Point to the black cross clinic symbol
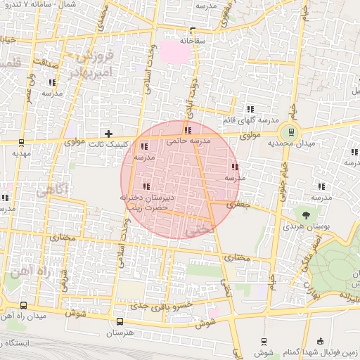108,133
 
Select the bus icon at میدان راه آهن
25,306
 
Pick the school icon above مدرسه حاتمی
187,130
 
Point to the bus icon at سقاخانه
192,31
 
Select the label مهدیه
21,153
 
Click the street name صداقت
44,62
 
